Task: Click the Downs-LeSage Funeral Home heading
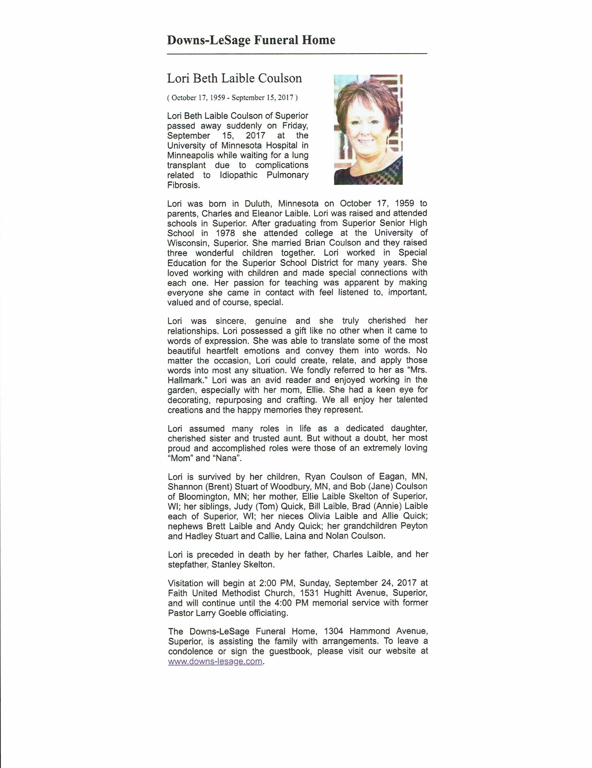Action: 251,40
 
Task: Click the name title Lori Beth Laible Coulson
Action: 234,78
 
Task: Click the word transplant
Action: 186,165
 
